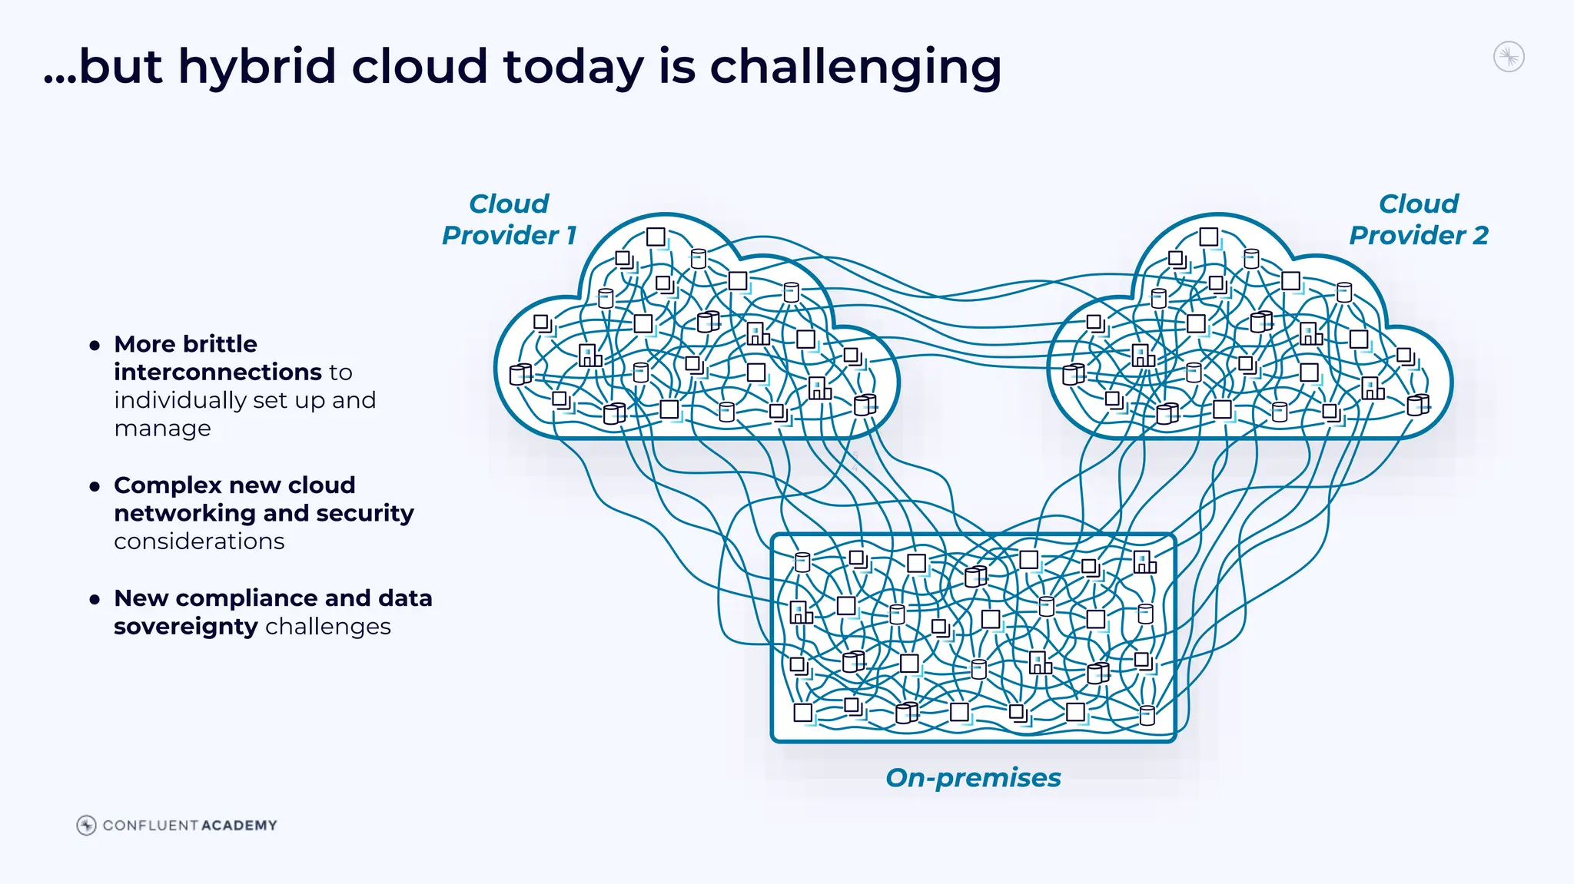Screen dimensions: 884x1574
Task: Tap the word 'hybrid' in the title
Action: click(257, 68)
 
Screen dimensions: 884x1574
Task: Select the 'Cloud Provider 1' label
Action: click(509, 220)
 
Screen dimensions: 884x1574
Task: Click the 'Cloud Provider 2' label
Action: click(1418, 220)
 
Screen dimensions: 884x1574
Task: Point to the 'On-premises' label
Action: click(973, 777)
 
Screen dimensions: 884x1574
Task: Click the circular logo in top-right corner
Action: click(1509, 57)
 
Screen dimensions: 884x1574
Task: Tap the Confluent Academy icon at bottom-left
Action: click(86, 825)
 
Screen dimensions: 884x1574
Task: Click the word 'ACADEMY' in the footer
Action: click(239, 826)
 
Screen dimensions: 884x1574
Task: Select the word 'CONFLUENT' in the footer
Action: click(151, 826)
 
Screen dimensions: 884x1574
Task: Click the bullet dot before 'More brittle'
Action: click(95, 346)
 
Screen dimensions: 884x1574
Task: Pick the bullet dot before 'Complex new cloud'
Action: click(95, 486)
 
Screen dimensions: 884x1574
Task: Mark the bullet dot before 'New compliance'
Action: click(95, 599)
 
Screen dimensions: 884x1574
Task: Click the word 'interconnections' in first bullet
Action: click(218, 372)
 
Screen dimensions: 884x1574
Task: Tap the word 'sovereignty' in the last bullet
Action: click(185, 627)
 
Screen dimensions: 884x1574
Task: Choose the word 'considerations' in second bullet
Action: click(199, 541)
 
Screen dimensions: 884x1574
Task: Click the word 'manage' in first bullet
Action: click(162, 429)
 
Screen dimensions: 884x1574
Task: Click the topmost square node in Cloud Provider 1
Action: click(656, 237)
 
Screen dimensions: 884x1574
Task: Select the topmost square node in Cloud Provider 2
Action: click(1208, 237)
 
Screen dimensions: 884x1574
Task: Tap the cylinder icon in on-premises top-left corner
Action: click(802, 562)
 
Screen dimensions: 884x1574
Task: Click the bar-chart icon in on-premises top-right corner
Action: click(1144, 563)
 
